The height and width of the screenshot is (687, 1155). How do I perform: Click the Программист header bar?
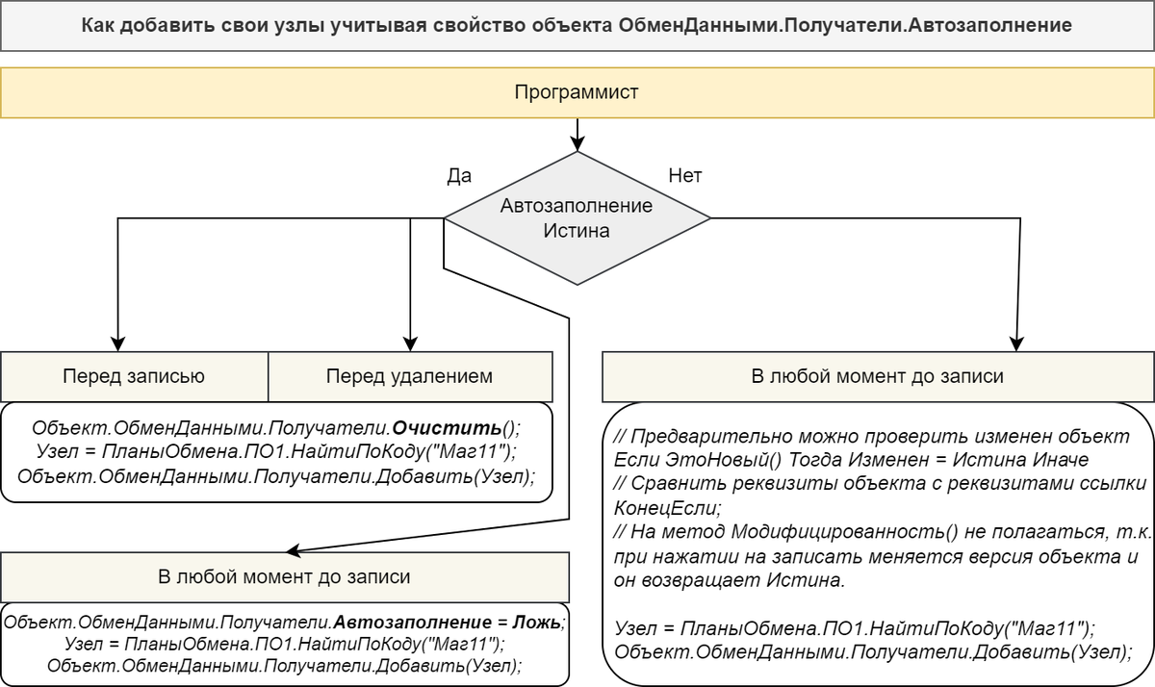(577, 92)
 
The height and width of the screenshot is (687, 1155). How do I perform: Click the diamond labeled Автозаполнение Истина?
(577, 218)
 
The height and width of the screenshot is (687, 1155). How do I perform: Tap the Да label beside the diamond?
(459, 176)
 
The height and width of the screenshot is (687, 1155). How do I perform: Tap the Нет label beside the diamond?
(685, 176)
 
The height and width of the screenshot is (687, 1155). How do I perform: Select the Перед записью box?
(134, 376)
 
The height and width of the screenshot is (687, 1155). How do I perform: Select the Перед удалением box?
(410, 376)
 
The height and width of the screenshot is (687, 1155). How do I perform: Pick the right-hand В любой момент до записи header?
(877, 376)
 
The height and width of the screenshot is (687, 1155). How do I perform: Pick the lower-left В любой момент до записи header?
(284, 577)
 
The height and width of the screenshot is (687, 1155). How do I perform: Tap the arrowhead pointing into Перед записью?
(118, 344)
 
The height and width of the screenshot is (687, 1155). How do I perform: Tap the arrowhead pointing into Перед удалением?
(411, 344)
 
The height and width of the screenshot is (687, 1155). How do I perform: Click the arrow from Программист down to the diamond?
(577, 133)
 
